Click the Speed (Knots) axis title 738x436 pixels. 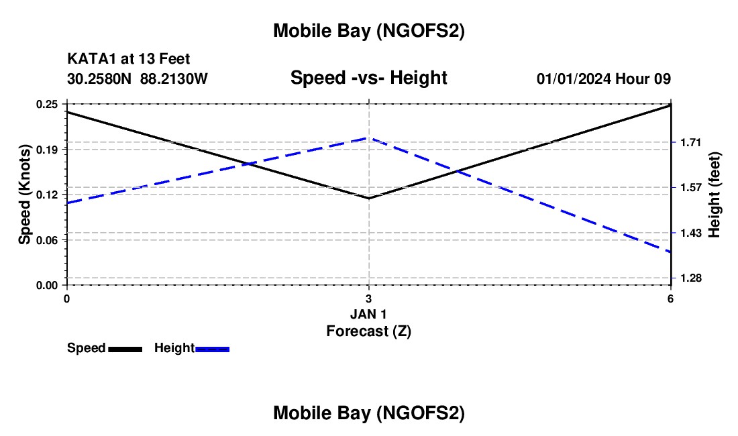pyautogui.click(x=24, y=195)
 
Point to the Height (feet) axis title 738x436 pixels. pyautogui.click(x=714, y=195)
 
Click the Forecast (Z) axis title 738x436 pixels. pyautogui.click(x=368, y=331)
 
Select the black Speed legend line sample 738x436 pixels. pyautogui.click(x=125, y=349)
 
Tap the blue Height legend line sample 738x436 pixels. pyautogui.click(x=213, y=349)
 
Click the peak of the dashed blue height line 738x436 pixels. pyautogui.click(x=368, y=138)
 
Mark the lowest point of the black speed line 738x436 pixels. pyautogui.click(x=368, y=198)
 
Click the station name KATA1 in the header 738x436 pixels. pyautogui.click(x=88, y=60)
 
